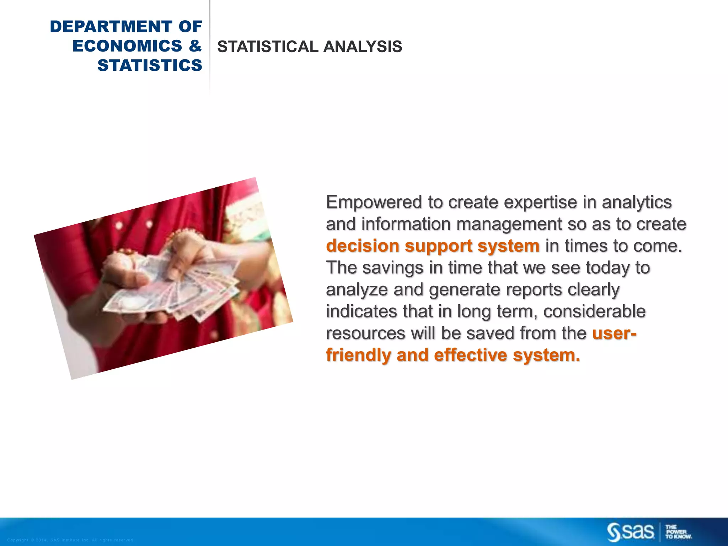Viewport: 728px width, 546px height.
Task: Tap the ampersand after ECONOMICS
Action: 195,46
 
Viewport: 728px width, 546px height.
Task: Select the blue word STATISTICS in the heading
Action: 150,65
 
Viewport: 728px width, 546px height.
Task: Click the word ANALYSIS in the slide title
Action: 363,47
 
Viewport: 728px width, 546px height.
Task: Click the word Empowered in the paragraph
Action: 374,202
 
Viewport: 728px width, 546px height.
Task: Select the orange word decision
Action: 363,246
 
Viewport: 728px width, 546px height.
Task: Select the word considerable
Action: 594,312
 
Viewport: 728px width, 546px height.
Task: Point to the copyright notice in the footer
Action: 70,540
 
